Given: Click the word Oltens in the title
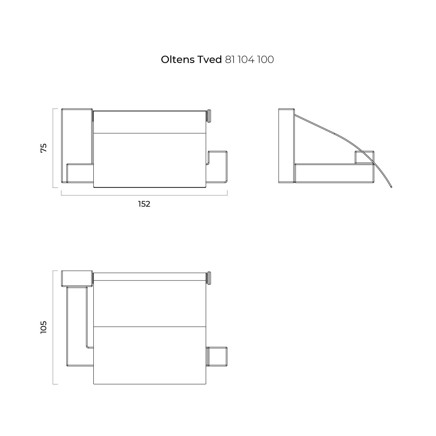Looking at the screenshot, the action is coord(178,60).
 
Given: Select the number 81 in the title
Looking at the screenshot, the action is coord(230,60).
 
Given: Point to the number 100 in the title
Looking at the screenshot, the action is coord(266,60).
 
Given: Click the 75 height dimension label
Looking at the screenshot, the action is coord(44,148).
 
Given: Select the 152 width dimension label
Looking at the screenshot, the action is coord(144,204).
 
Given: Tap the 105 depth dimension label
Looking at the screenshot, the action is coord(44,327).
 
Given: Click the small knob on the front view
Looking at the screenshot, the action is coord(209,116).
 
